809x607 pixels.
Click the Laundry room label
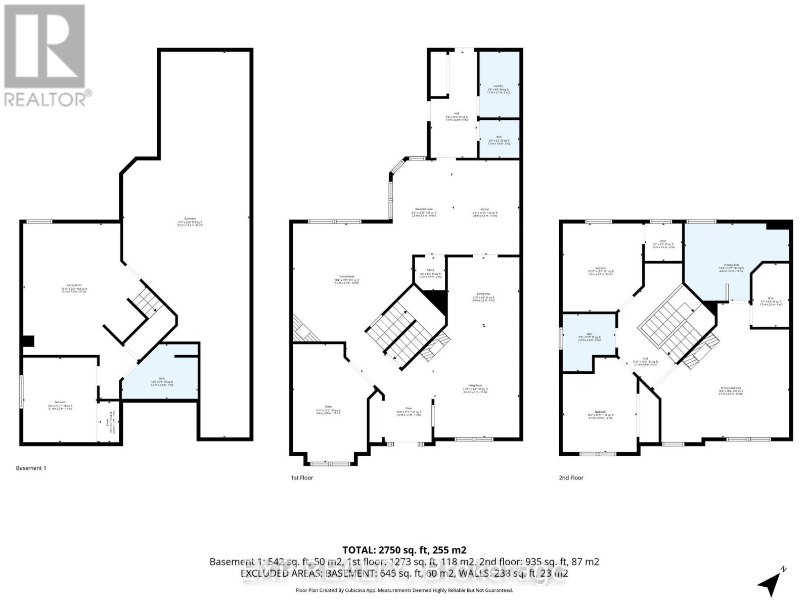point(498,86)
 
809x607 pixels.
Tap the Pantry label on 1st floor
point(430,270)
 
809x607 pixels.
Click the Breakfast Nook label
point(424,209)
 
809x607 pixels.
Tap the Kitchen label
point(485,209)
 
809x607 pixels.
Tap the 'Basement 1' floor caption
point(31,468)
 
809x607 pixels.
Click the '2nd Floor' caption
point(571,478)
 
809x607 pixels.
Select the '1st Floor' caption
point(302,478)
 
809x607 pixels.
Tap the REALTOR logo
point(46,56)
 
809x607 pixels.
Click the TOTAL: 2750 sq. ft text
point(404,550)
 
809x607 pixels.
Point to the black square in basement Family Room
point(28,341)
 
